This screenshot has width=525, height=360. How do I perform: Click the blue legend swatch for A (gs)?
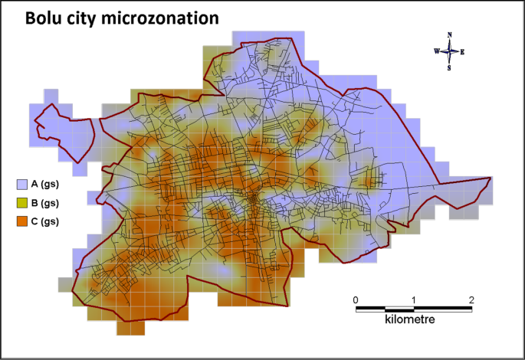pos(21,184)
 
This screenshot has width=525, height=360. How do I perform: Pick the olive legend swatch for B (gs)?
pos(21,203)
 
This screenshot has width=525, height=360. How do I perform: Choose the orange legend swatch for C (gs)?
pos(21,221)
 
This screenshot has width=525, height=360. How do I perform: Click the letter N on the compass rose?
pos(450,35)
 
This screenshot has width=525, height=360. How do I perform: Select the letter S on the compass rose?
pos(450,67)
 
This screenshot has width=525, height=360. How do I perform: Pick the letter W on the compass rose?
pos(436,51)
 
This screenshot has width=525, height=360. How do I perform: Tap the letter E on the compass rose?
pos(463,51)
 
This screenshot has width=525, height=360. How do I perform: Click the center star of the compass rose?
pos(450,51)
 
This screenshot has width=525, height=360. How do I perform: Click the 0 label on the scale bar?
pos(356,299)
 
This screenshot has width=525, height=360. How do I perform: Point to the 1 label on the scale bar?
pos(414,299)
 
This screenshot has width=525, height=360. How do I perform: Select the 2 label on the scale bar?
pos(471,299)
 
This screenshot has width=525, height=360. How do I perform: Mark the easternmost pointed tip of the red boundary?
pos(490,178)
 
